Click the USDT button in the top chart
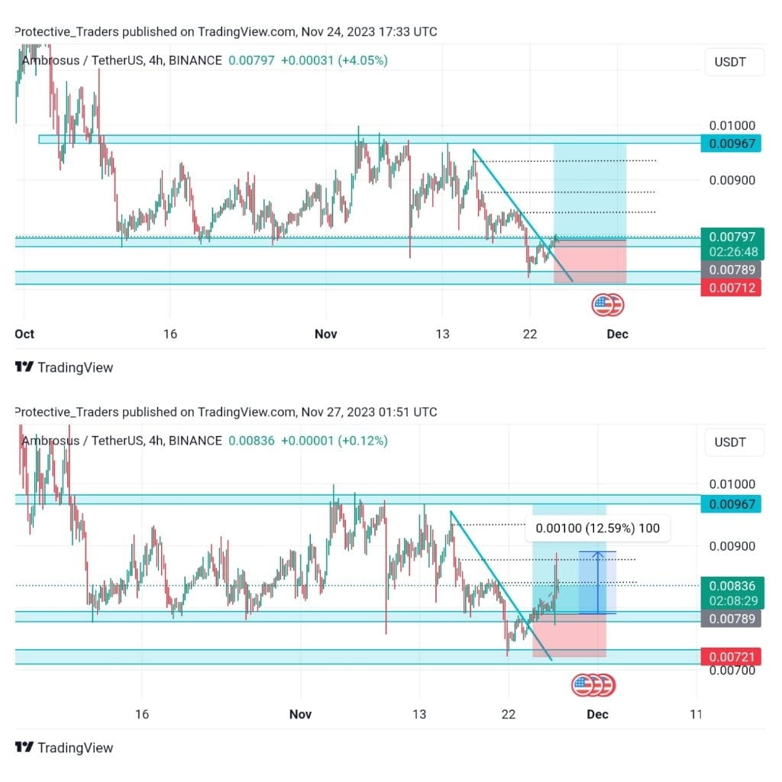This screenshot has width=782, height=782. click(x=734, y=61)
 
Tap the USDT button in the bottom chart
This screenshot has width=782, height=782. click(x=734, y=441)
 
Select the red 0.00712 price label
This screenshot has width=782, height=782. click(x=732, y=288)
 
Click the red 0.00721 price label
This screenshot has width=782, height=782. click(x=732, y=656)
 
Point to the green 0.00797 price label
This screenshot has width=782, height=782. click(x=732, y=238)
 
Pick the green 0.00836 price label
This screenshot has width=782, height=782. click(x=732, y=586)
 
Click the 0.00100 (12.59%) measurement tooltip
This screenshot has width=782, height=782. click(x=598, y=528)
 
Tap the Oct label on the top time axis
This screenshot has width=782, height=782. click(x=24, y=334)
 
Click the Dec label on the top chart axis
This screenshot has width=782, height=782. click(x=617, y=334)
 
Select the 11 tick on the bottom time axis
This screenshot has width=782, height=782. click(x=695, y=714)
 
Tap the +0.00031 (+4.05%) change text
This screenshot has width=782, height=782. click(x=334, y=60)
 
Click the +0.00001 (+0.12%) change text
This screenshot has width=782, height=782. click(x=334, y=441)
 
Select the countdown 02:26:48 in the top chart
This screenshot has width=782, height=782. click(x=732, y=251)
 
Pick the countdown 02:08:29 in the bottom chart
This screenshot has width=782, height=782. click(x=732, y=601)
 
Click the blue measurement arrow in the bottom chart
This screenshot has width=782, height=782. click(x=597, y=582)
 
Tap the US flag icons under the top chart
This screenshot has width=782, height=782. click(x=607, y=305)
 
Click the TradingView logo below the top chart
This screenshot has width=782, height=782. click(x=64, y=367)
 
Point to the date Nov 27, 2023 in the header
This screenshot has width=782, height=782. click(x=340, y=412)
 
